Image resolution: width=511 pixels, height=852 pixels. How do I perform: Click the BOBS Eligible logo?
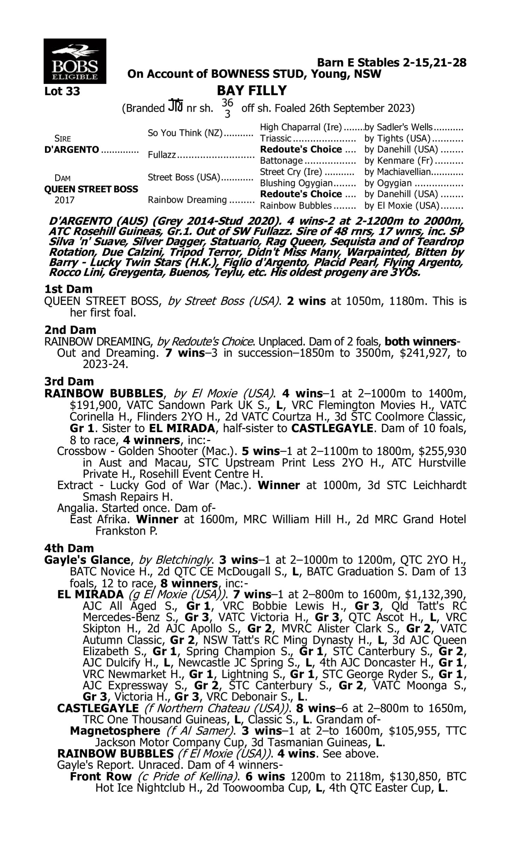click(75, 61)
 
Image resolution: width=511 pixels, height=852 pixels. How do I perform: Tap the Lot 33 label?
click(62, 91)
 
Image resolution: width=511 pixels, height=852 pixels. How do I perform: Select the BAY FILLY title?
click(252, 91)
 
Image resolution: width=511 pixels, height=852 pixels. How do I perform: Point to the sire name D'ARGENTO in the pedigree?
click(72, 150)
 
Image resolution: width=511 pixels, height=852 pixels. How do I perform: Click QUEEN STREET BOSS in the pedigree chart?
click(91, 189)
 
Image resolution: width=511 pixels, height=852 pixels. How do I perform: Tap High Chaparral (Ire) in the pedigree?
click(301, 127)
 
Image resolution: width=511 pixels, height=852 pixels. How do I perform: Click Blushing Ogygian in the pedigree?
click(296, 183)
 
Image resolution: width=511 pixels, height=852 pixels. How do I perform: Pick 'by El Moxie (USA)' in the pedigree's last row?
click(402, 206)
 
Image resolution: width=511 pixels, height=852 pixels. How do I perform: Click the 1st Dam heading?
click(68, 289)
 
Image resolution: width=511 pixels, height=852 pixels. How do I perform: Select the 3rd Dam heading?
click(69, 381)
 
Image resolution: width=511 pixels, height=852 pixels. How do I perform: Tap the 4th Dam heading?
click(69, 548)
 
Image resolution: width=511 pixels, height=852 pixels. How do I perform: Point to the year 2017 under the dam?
click(64, 200)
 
